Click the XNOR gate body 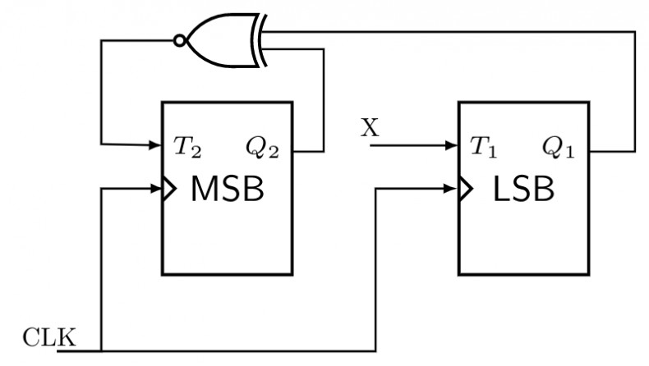[223, 40]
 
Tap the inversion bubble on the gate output [179, 40]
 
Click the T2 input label [187, 147]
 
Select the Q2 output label [262, 148]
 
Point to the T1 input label [483, 147]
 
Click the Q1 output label [559, 148]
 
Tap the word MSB [228, 189]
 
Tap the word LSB [523, 189]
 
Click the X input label [370, 127]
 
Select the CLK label [49, 337]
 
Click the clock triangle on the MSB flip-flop [169, 189]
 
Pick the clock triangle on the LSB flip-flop [466, 189]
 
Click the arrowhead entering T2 [154, 144]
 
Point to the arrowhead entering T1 [451, 145]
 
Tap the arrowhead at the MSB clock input [155, 189]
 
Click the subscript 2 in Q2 [274, 153]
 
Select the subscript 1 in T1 [492, 153]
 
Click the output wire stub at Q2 [308, 152]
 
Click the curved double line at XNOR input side [260, 40]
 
